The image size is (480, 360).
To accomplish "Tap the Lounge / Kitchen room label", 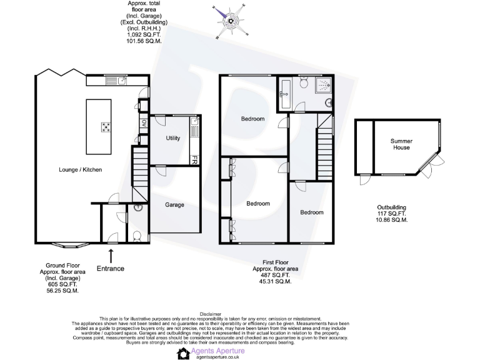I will click(x=80, y=169).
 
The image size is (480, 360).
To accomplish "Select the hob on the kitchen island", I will click(x=106, y=127).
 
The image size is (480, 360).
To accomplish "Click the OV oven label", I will click(x=143, y=122).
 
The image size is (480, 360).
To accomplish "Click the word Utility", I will click(x=173, y=138).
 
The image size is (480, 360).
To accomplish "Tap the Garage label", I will click(x=174, y=204).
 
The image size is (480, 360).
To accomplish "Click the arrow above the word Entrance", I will click(x=111, y=255).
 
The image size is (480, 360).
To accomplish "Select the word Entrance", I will click(x=111, y=269).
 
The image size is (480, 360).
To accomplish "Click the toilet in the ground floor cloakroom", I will click(x=137, y=235).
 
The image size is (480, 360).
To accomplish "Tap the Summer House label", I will click(x=401, y=144).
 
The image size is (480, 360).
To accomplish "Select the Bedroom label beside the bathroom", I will click(x=253, y=119).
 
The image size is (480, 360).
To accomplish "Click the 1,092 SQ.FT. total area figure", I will click(x=145, y=35).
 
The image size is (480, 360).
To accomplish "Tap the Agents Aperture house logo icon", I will click(x=184, y=354).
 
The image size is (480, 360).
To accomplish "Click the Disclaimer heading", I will click(x=210, y=314).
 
